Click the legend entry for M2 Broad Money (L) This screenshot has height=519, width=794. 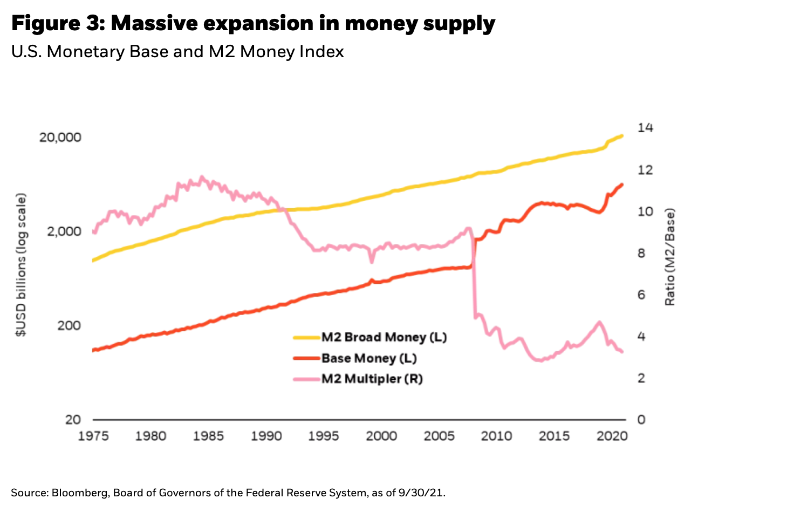click(384, 337)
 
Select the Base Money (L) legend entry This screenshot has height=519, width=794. click(368, 358)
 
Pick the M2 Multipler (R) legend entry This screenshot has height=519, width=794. click(372, 379)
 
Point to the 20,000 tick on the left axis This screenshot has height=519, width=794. click(60, 137)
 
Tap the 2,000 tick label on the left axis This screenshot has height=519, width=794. click(64, 231)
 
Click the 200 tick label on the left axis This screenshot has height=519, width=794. click(69, 325)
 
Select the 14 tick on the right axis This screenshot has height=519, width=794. click(645, 128)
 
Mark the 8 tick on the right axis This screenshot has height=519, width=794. click(641, 253)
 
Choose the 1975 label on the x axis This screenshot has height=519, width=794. click(93, 436)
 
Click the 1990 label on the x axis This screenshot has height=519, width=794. click(266, 436)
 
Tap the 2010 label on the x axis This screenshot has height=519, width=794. click(496, 436)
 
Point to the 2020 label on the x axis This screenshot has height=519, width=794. click(612, 436)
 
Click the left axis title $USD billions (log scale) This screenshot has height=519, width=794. click(20, 265)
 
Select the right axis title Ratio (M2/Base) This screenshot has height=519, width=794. click(670, 257)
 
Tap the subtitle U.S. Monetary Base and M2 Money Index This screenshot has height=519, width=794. click(177, 52)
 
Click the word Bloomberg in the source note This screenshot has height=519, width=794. click(80, 493)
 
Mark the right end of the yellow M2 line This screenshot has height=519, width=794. click(622, 135)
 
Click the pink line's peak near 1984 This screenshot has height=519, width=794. click(202, 176)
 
